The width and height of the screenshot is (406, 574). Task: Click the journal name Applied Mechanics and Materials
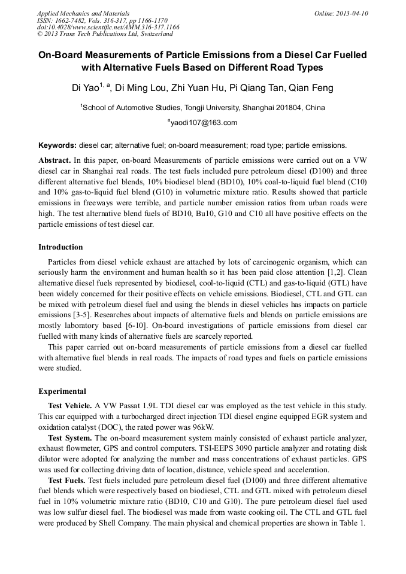tap(83, 13)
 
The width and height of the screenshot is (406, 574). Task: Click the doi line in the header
tap(108, 28)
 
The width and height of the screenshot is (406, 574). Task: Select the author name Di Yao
tap(84, 89)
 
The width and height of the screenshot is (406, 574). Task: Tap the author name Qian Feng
tap(310, 89)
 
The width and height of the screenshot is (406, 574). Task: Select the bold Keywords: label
tap(57, 145)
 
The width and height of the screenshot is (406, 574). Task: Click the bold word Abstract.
tap(54, 161)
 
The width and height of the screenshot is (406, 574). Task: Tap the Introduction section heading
tap(60, 247)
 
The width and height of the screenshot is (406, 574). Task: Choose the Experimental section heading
tap(62, 391)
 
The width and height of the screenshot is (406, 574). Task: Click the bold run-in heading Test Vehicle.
tap(69, 406)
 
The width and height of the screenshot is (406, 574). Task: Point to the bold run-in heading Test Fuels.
tap(67, 481)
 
